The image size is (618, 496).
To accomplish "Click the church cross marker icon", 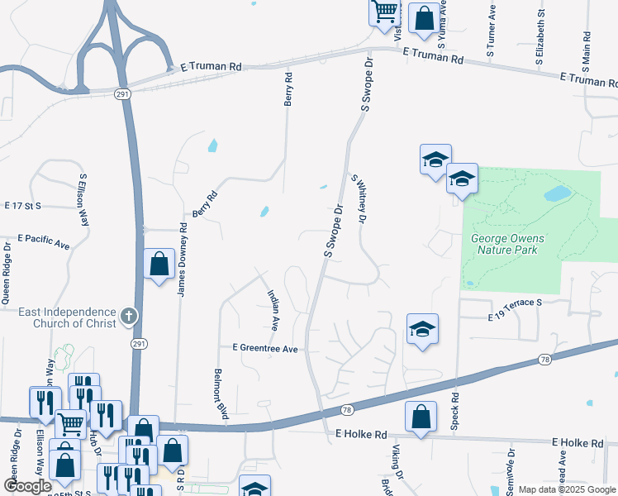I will tap(128, 315).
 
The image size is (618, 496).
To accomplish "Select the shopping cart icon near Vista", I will tap(385, 12).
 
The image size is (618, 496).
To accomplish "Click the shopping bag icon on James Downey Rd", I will tap(159, 265).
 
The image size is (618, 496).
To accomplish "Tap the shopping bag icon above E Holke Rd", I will tap(421, 417).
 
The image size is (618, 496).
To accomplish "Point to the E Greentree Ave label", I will tap(264, 349).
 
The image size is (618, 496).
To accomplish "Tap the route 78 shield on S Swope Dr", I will tap(347, 410).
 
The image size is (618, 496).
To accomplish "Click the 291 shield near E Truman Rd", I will tap(121, 96).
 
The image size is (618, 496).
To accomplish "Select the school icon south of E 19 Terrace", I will tap(421, 329).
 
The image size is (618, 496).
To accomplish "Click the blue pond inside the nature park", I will tap(557, 194).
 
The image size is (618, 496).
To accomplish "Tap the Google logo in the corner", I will tap(27, 486).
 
